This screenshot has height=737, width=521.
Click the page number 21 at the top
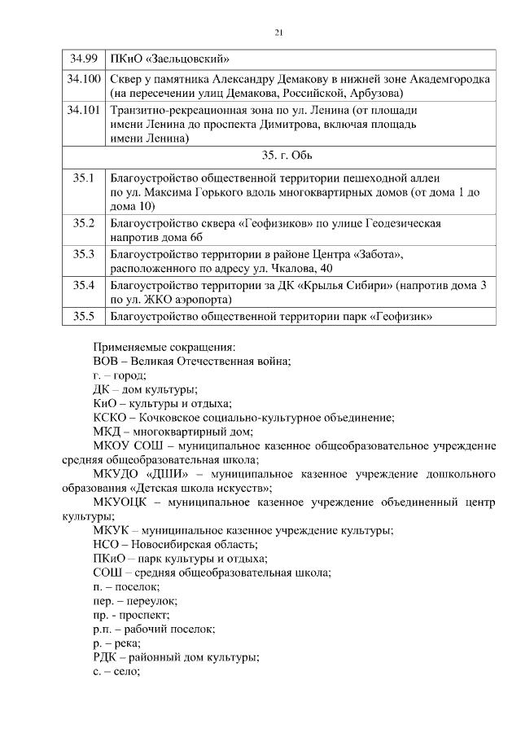tap(278, 33)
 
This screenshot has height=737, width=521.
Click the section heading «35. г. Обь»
tap(279, 155)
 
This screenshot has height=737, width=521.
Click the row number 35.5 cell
tap(84, 316)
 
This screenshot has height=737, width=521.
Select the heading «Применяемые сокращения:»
tap(163, 345)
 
